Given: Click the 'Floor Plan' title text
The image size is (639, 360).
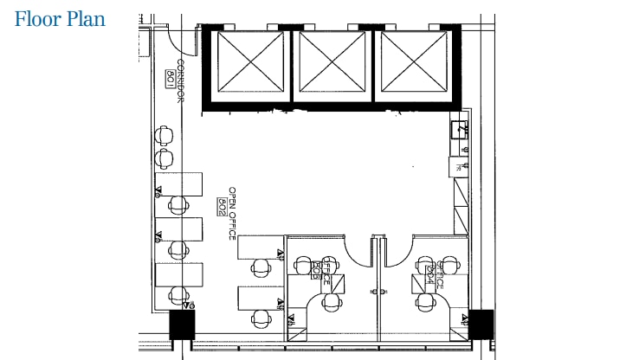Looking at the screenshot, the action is tap(60, 19).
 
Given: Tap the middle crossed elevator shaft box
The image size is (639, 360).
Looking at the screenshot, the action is tap(333, 64).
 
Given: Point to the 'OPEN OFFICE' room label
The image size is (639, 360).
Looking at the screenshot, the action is tap(232, 213).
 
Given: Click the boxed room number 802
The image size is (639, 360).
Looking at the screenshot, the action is tap(223, 205).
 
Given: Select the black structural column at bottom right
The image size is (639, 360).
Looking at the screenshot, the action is tap(480, 324).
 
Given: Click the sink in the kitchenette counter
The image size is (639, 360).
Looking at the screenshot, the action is tap(461, 131).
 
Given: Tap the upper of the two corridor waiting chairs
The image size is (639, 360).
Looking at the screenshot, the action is tap(165, 136).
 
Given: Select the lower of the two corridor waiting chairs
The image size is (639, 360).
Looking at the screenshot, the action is tap(165, 157).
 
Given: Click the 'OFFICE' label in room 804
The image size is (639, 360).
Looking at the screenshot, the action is tap(441, 274).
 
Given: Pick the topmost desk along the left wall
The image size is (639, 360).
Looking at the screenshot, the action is tap(178, 183).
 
